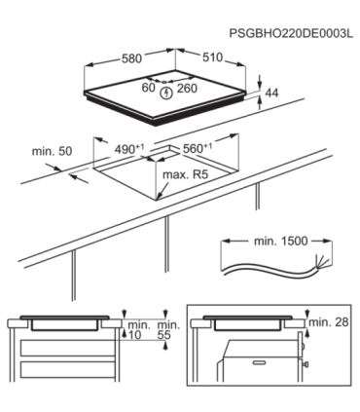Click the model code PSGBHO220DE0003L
point(291,33)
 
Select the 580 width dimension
point(131,58)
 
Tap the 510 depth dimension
point(213,57)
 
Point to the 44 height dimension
point(271,94)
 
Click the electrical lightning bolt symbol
point(166,94)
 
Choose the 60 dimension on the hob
point(149,88)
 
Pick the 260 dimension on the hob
point(187,88)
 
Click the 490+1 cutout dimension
point(129,149)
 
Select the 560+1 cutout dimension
point(198,148)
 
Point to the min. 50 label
point(52,151)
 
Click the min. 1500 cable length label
point(280,242)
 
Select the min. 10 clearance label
point(139,330)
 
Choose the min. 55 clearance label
point(168,330)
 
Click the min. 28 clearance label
point(329,322)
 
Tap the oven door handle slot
point(259,361)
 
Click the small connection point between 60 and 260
point(163,82)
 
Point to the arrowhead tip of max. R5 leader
point(157,199)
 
